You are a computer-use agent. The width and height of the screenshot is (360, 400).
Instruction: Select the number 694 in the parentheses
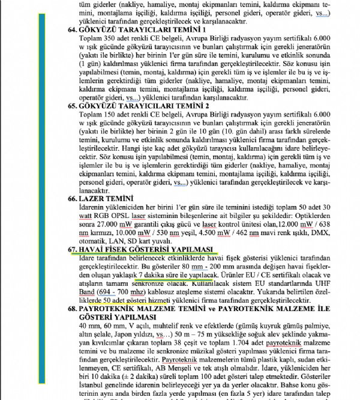pos(110,298)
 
